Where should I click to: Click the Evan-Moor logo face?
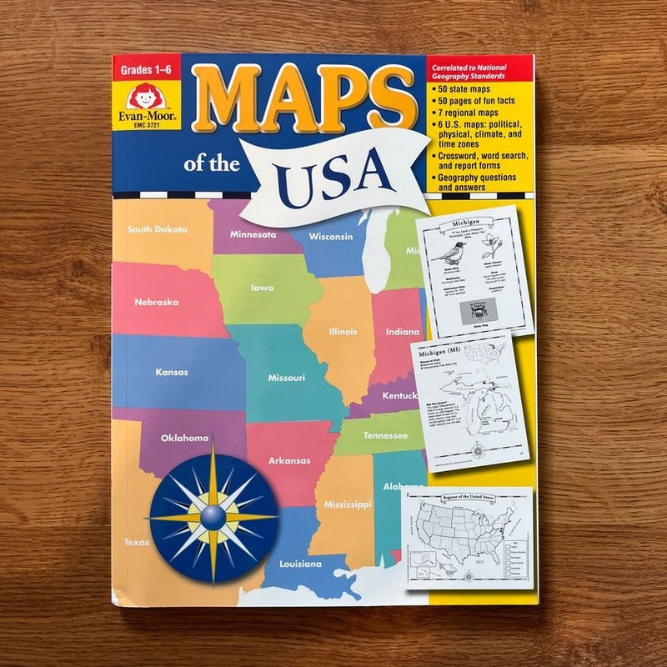click(x=146, y=94)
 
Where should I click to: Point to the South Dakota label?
click(x=158, y=229)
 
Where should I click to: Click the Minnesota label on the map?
click(x=253, y=234)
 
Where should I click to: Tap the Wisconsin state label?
click(x=331, y=236)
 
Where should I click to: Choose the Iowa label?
click(x=262, y=288)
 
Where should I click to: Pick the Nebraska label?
click(x=156, y=302)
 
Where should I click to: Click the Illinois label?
click(x=344, y=331)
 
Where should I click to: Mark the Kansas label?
click(x=172, y=372)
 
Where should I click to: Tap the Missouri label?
click(x=286, y=377)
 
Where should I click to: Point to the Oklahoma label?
click(x=184, y=438)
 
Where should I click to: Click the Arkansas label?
click(x=289, y=460)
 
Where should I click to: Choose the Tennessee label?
click(x=385, y=436)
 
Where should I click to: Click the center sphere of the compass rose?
click(x=213, y=517)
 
